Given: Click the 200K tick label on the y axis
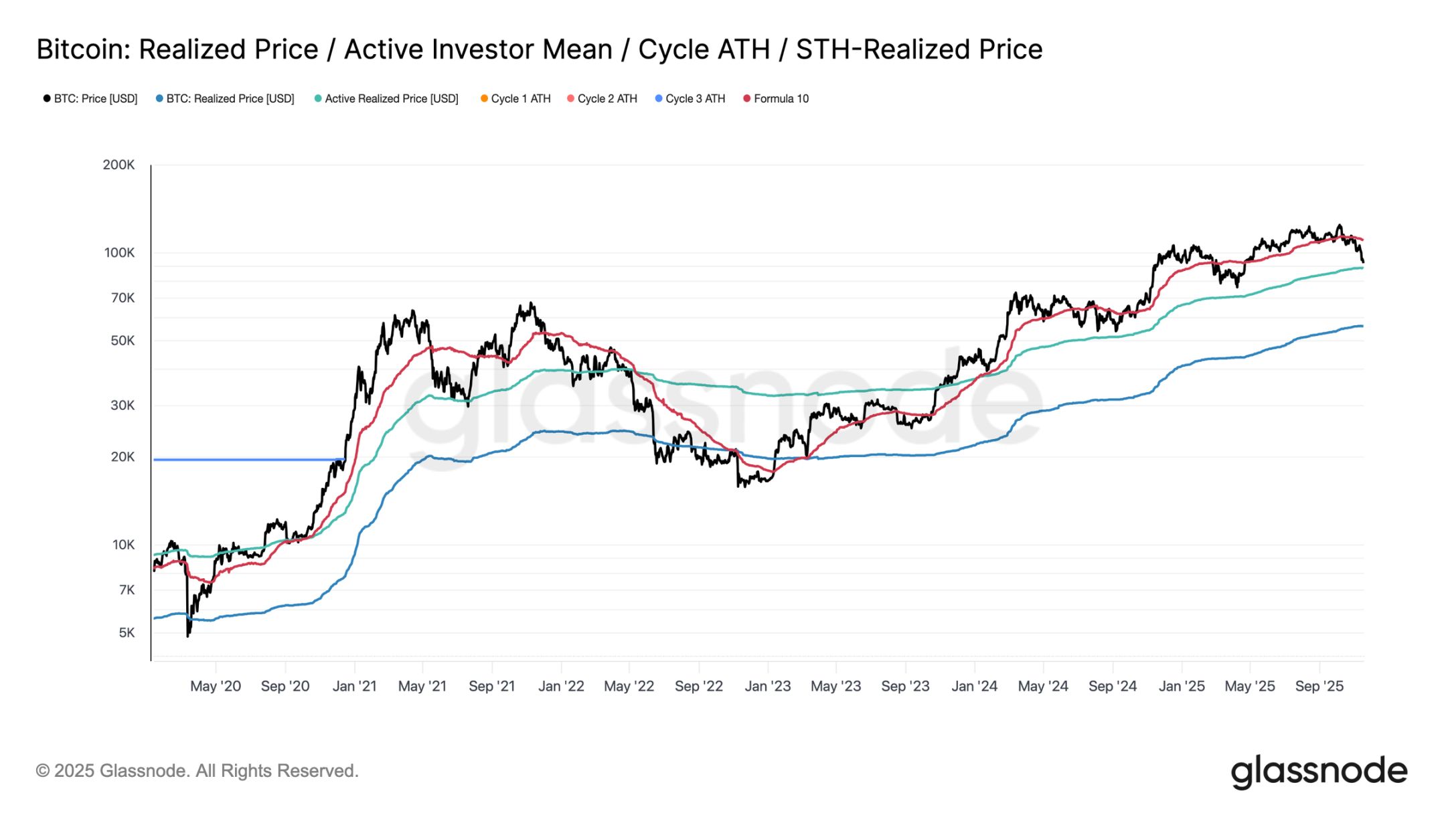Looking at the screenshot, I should [x=118, y=165].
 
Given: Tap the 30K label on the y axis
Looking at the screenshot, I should [x=123, y=405].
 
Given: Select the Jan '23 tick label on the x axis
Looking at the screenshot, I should [x=767, y=686].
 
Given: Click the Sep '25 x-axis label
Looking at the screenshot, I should [x=1319, y=686].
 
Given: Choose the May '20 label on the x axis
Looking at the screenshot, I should [x=215, y=686].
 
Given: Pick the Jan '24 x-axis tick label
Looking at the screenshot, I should [x=974, y=686].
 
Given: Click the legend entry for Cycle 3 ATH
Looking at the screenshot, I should [x=694, y=98].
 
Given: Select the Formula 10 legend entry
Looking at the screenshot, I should [x=781, y=98].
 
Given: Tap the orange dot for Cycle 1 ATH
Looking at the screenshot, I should [x=484, y=98].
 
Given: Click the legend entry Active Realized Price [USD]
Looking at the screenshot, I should [x=391, y=98].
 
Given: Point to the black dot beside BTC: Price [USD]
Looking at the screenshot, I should [x=47, y=98].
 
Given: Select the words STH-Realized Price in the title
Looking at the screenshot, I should [x=918, y=50].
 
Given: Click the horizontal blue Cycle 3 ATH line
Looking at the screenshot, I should [x=248, y=460].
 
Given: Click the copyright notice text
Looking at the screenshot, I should [x=197, y=771].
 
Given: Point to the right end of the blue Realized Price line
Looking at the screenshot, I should [x=1361, y=326].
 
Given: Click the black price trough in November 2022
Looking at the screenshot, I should [x=738, y=485].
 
